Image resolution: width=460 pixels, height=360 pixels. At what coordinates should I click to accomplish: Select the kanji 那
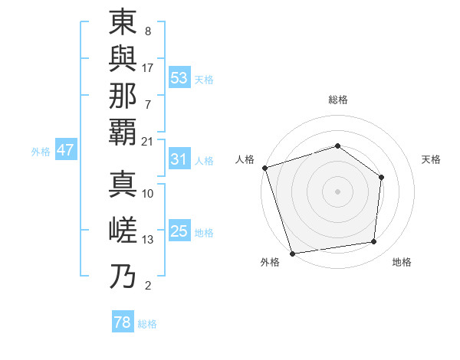coord(123,95)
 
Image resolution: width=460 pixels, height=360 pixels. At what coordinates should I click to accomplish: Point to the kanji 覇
coord(123,132)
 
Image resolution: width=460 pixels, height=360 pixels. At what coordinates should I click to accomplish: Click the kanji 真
coord(123,184)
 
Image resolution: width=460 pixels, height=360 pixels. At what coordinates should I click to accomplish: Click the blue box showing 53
coord(179,78)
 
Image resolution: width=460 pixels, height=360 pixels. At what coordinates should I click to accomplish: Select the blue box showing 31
coord(179,160)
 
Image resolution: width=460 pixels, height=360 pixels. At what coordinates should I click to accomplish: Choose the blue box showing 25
coord(179,231)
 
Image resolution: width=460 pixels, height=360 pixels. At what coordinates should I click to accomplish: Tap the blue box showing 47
coord(65,150)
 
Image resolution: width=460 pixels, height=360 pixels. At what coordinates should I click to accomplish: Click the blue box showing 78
coord(123,322)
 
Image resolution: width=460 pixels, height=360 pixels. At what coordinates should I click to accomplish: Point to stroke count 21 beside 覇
coord(148,142)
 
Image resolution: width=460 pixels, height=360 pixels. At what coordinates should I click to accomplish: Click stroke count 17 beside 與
coord(148,67)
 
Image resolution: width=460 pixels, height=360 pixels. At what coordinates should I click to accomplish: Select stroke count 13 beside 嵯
coord(148,240)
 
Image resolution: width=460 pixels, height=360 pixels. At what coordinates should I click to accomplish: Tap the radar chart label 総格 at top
coord(338,100)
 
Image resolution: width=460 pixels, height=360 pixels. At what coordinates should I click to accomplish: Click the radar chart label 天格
coord(432,159)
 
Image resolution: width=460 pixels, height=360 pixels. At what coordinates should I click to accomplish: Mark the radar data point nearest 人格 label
coord(264,168)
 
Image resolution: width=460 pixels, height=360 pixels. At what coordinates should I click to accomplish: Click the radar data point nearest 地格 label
coord(374,242)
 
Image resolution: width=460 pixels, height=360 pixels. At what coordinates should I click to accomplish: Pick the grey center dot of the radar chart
coord(338,191)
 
